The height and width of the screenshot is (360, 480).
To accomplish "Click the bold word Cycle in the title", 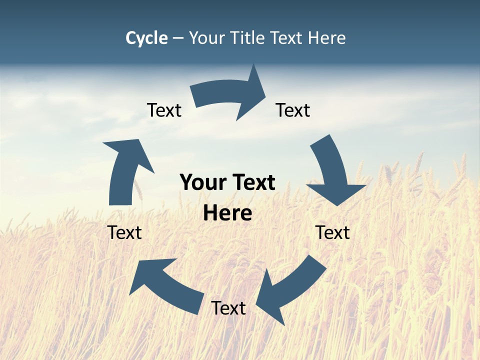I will point(146,38).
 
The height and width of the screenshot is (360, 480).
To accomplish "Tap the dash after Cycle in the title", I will point(178,38).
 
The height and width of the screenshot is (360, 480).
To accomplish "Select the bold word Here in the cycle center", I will point(227,213).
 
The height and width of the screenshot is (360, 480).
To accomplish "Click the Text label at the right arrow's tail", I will point(164,110).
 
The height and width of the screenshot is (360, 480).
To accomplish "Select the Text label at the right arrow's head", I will point(293,110).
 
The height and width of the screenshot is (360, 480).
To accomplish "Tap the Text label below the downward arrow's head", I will point(332,232).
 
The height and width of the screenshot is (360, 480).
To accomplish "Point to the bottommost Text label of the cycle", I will point(228,308).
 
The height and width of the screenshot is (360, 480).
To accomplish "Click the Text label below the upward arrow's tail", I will point(124,232).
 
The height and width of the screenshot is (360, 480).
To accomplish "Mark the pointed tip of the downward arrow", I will point(338,205).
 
